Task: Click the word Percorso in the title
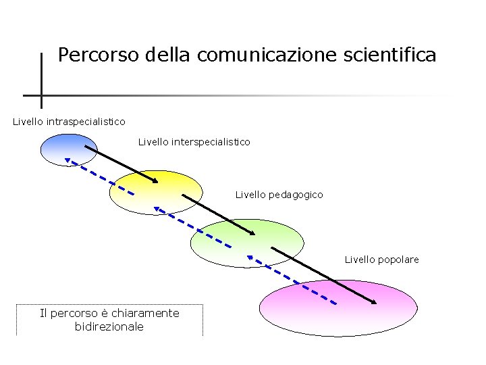(99, 55)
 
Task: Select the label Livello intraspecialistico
(69, 122)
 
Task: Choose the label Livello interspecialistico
(194, 142)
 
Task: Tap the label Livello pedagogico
(279, 195)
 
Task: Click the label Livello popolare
(381, 260)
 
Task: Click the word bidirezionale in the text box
(109, 326)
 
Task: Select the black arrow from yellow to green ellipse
(219, 215)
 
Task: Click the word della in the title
(169, 55)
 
